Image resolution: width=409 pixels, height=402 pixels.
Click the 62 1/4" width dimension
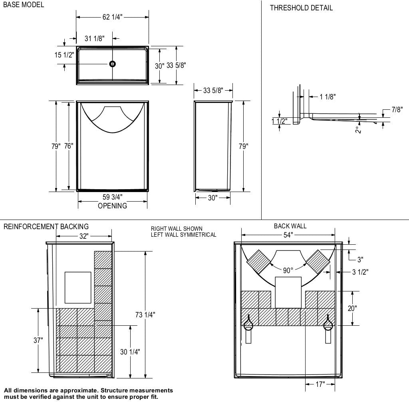(112, 17)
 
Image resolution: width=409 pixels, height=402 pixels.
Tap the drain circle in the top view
(113, 64)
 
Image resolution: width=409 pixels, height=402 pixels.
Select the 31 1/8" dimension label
(94, 38)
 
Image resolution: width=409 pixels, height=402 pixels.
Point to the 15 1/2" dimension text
(64, 55)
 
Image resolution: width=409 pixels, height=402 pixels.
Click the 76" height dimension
(69, 146)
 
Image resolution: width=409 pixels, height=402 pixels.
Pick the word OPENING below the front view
(112, 206)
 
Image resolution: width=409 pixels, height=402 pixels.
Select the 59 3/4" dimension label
(112, 197)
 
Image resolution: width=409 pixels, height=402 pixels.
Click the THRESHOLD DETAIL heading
(301, 8)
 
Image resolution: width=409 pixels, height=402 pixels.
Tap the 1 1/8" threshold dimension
(328, 97)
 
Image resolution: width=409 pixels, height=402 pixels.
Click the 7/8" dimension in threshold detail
(397, 110)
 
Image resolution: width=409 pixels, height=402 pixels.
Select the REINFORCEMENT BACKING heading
(46, 227)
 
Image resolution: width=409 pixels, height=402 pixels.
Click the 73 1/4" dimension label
(145, 315)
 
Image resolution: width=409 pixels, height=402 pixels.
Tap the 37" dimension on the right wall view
(38, 340)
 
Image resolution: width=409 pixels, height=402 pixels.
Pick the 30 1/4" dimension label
(130, 352)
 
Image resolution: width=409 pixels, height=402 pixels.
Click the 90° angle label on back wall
(288, 271)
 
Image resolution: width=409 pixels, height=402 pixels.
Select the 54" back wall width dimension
(288, 235)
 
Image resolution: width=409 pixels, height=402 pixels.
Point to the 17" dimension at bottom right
(320, 384)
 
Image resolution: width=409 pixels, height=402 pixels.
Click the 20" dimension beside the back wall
(352, 308)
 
